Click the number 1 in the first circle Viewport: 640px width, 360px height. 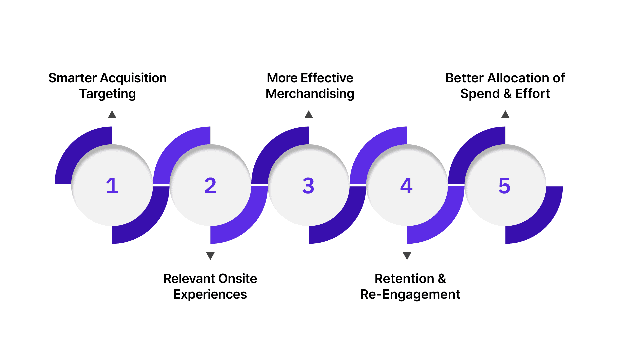pos(112,186)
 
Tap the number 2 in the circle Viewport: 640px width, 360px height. pos(210,186)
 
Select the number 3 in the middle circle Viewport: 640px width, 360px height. pos(308,186)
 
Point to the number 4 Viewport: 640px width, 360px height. pos(406,186)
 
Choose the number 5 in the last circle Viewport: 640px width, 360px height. pos(504,186)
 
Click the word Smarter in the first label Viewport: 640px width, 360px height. pos(72,78)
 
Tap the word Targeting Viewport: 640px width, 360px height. pos(107,94)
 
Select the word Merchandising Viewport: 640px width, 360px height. pos(310,94)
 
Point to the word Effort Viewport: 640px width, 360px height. pos(532,94)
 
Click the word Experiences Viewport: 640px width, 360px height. pos(210,294)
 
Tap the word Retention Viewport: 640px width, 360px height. pos(404,279)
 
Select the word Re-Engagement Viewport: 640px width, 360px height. pos(410,294)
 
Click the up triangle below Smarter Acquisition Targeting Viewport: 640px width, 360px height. pos(112,115)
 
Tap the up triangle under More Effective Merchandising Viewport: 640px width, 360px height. pos(309,115)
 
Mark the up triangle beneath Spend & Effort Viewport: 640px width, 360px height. pos(505,115)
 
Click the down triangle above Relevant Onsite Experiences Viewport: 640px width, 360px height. pos(210,256)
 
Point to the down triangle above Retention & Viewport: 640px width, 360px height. pos(407,256)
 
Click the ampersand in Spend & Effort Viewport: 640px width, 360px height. pos(507,94)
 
